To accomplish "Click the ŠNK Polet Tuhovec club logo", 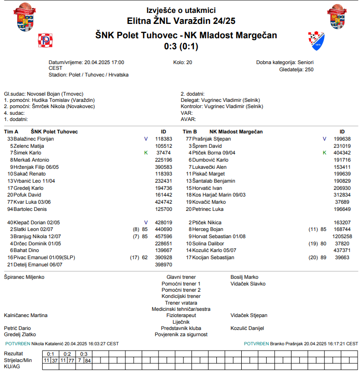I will pyautogui.click(x=45, y=41).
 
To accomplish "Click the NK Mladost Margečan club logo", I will pyautogui.click(x=315, y=41).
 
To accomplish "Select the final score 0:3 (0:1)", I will pyautogui.click(x=180, y=46).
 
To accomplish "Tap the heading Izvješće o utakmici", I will pyautogui.click(x=180, y=10).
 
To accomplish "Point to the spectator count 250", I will pyautogui.click(x=309, y=69).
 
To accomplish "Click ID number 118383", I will pyautogui.click(x=164, y=139).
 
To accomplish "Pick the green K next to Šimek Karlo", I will pyautogui.click(x=146, y=153).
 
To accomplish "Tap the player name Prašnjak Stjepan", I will pyautogui.click(x=212, y=139).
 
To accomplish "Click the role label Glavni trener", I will pyautogui.click(x=181, y=277).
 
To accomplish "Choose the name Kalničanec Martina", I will pyautogui.click(x=26, y=316).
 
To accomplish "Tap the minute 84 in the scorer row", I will pyautogui.click(x=88, y=360).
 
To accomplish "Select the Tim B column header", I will pyautogui.click(x=190, y=132).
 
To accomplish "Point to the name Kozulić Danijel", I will pyautogui.click(x=247, y=328).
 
